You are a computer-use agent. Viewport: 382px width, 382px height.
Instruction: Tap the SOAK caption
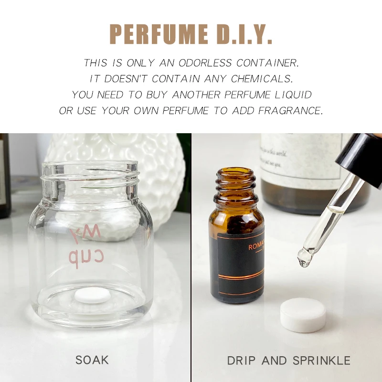[x=92, y=359]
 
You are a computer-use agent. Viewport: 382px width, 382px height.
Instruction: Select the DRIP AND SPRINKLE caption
[x=289, y=360]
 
